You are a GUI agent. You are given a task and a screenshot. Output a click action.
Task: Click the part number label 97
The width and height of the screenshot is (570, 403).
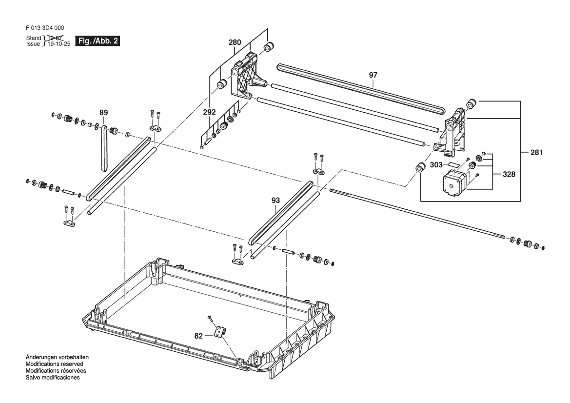point(373,75)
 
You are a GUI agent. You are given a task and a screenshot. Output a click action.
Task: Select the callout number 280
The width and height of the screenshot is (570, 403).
point(235,43)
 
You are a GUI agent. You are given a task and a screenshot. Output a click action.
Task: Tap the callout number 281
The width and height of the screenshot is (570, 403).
point(536,152)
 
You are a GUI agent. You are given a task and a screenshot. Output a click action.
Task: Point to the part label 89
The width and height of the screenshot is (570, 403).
point(103,113)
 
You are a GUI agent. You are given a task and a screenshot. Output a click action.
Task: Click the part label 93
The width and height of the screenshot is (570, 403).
point(276,200)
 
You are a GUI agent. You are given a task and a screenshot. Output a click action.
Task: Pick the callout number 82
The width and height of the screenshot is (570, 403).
point(198,336)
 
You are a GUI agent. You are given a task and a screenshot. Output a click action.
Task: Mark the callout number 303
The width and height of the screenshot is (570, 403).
point(437,165)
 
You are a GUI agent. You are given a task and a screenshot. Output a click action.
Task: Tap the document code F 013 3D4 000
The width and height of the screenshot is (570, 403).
point(44,28)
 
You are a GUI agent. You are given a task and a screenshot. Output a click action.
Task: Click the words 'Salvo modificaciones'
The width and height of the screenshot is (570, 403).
point(52,378)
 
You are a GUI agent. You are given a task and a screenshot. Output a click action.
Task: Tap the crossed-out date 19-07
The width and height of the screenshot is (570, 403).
point(53,38)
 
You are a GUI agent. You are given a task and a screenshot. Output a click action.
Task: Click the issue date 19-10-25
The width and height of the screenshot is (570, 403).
point(58,44)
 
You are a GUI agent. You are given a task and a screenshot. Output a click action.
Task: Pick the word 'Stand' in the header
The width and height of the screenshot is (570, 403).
point(34,38)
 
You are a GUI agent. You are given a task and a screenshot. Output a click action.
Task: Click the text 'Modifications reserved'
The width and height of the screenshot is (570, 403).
point(54,364)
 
